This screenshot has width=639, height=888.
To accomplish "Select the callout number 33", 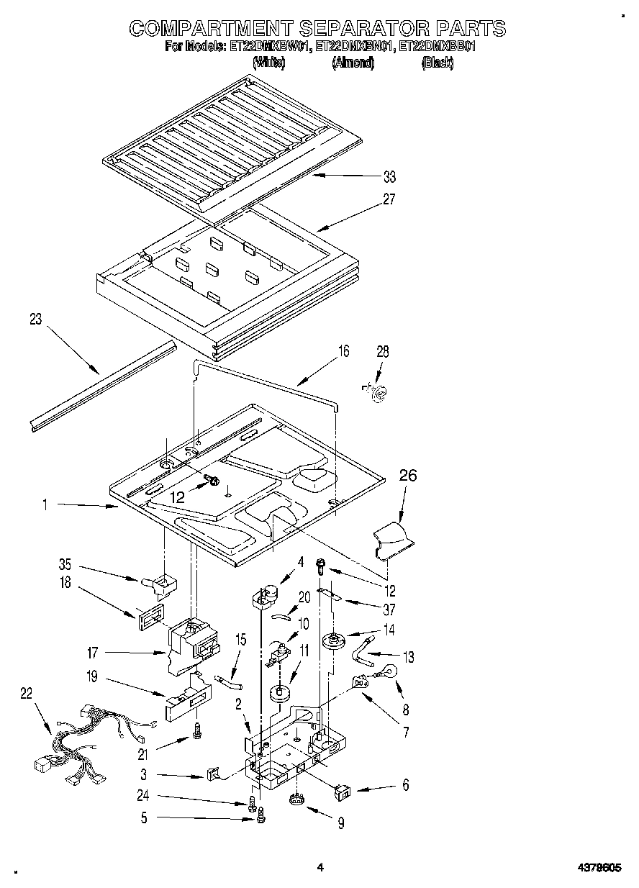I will click(389, 177).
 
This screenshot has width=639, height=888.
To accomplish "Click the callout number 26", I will click(407, 476).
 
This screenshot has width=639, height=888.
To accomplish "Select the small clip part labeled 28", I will click(376, 391).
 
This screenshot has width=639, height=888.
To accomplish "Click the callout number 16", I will click(344, 351).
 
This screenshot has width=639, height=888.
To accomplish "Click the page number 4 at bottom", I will click(320, 868).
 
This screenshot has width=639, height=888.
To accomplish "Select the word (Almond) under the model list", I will click(353, 63).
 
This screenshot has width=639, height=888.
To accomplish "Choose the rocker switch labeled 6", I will click(343, 792).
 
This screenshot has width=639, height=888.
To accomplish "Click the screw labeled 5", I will click(261, 816).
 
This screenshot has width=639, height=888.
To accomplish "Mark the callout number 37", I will click(389, 611).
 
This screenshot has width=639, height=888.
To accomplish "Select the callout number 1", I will click(45, 506).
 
